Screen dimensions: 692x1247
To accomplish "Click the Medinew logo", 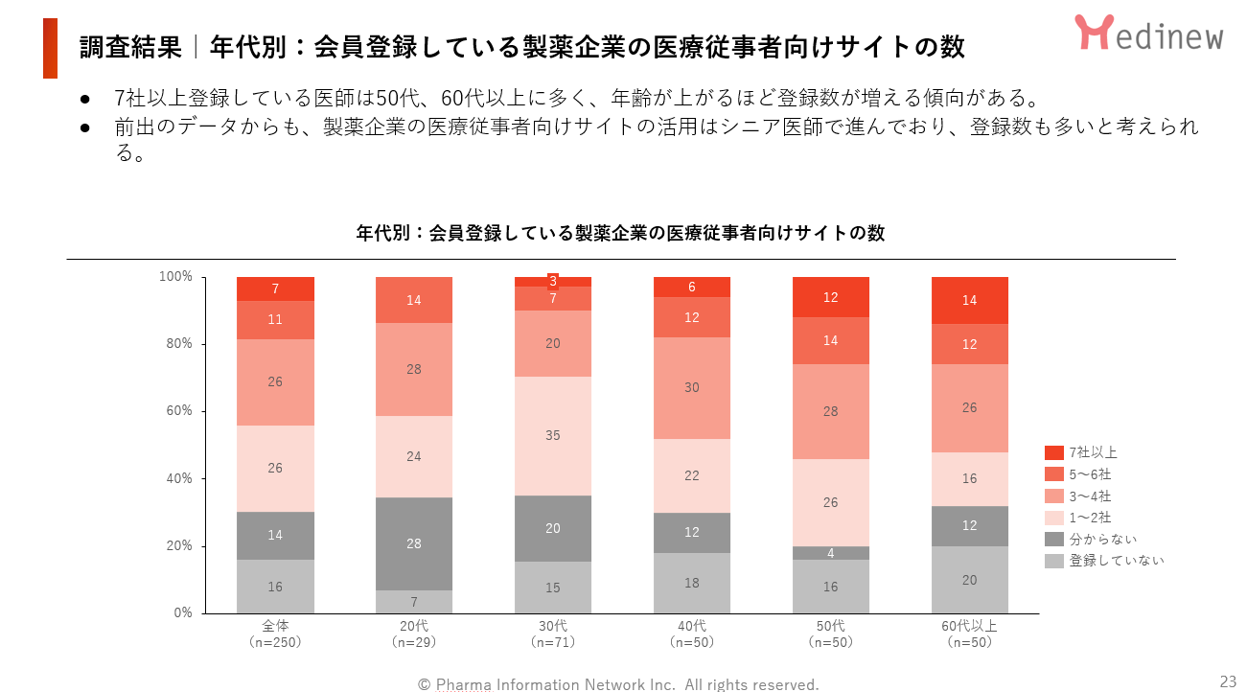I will pos(1148,34).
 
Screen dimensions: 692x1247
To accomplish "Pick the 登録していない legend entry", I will pos(1103,561).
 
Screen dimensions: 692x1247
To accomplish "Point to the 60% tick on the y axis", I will pos(178,411).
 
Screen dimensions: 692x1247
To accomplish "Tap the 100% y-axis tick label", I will pos(175,277).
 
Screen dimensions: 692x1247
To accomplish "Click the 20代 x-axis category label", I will pos(414,626).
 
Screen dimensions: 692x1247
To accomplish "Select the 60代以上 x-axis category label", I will pos(969,626).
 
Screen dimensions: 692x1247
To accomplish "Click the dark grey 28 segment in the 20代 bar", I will pos(414,543).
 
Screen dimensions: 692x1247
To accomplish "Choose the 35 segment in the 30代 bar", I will pos(553,435).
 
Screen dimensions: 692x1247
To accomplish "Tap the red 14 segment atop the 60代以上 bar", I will pos(969,300).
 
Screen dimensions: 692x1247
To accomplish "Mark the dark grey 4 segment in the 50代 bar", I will pos(830,553).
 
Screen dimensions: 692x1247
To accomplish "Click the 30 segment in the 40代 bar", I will pos(691,388).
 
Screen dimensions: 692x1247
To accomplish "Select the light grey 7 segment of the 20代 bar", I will pos(414,602).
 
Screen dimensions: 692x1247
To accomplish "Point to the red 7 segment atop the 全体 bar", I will pos(275,288).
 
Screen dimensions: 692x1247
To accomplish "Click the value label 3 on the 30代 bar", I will pos(553,281).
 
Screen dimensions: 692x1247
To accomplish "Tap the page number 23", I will pos(1228,681).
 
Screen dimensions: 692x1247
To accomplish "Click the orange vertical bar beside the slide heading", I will pos(50,48).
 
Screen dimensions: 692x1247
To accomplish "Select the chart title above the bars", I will pos(620,233).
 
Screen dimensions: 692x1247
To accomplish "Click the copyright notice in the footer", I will pos(618,684).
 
